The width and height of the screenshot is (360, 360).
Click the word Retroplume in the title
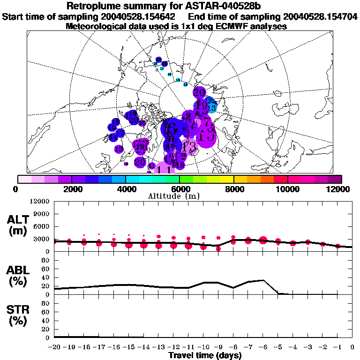click(x=94, y=7)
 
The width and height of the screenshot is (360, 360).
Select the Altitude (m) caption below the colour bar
click(x=180, y=195)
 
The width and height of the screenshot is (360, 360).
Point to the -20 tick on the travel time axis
click(x=54, y=347)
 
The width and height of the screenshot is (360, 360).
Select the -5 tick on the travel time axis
click(x=278, y=347)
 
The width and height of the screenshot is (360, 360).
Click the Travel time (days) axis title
click(x=205, y=355)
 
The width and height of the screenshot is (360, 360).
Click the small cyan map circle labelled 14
click(x=185, y=84)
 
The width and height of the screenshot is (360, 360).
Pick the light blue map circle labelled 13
click(x=212, y=108)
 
